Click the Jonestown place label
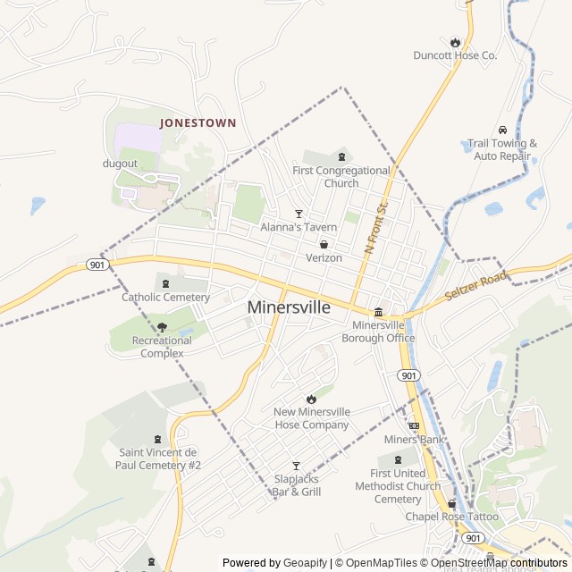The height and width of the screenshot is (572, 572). click(198, 122)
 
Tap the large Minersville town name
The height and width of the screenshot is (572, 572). click(289, 307)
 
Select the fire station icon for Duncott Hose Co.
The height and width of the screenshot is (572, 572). click(455, 42)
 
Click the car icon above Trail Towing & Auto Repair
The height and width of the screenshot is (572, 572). click(503, 130)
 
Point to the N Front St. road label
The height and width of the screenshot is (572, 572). click(376, 227)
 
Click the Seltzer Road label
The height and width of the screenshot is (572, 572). click(475, 286)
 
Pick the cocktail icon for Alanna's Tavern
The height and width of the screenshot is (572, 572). click(299, 214)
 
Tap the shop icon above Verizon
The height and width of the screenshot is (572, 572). click(324, 244)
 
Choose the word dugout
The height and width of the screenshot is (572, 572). click(120, 164)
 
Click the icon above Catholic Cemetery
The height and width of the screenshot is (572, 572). click(166, 283)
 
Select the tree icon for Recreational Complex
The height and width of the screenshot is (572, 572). click(162, 327)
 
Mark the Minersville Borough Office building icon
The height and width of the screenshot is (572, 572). click(378, 312)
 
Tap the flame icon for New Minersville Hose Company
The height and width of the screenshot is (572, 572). click(311, 398)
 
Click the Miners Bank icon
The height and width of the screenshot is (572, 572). click(414, 425)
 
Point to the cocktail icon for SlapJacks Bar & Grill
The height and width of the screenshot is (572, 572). click(297, 466)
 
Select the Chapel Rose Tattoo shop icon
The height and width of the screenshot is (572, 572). click(451, 503)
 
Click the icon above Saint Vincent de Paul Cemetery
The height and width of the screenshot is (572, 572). click(159, 438)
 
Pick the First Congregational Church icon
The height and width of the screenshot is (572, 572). click(341, 157)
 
